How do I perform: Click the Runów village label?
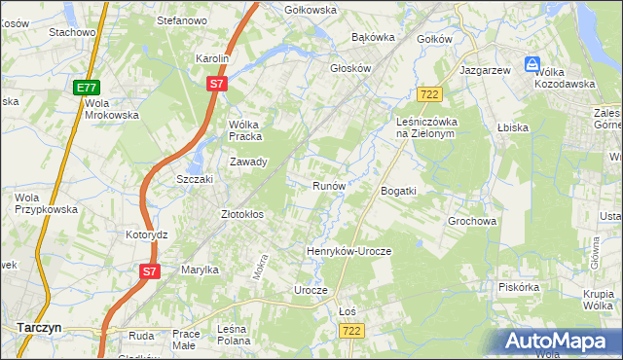tap(328, 185)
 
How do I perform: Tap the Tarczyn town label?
tap(39, 328)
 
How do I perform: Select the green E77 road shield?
tap(86, 88)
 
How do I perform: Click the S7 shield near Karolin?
tap(218, 85)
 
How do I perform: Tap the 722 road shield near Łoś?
tap(352, 332)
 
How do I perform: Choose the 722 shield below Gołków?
tap(429, 94)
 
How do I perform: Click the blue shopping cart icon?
tap(531, 64)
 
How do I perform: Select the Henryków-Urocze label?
tap(348, 251)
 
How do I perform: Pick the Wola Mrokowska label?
tap(112, 108)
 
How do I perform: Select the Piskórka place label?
tap(518, 287)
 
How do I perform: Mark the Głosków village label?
tap(351, 69)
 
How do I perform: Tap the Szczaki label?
tap(194, 180)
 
